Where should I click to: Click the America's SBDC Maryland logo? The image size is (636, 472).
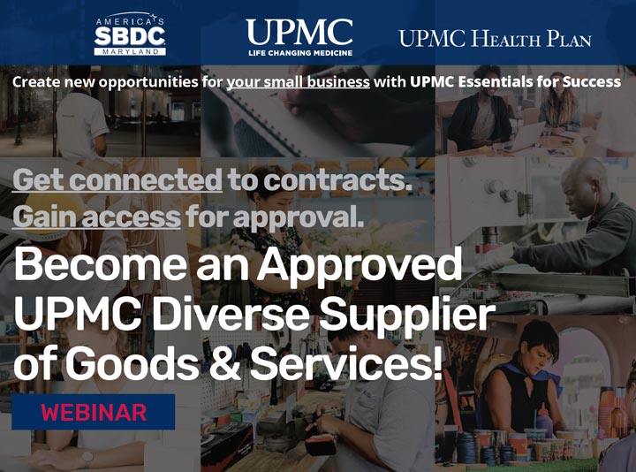(x=130, y=36)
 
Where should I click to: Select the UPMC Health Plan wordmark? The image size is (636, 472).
(x=495, y=39)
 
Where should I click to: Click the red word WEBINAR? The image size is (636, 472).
(x=94, y=412)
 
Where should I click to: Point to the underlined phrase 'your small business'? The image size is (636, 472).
(x=298, y=82)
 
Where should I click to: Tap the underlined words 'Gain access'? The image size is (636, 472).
(x=95, y=216)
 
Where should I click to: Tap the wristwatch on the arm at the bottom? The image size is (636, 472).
(x=87, y=457)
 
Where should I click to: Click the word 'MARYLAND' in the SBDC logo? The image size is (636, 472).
(x=130, y=52)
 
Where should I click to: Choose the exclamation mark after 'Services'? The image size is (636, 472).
(x=435, y=364)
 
